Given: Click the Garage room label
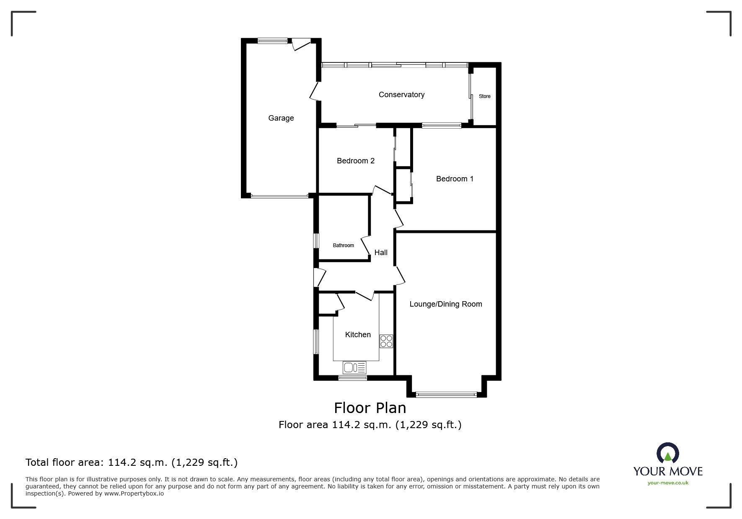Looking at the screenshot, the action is coord(281,118).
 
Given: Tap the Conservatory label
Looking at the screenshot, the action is coord(401,95).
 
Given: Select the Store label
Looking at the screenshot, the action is coord(485,96).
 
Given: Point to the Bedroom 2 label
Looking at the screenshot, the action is coord(356,161).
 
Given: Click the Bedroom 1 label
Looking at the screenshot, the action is coord(455,179).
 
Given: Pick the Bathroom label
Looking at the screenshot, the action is coord(344,245).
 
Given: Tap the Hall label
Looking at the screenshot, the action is coord(381,253).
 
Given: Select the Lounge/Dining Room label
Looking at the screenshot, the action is coord(446,304).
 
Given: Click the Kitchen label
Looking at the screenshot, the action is coord(358,335).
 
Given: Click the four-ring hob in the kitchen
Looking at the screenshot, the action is coord(386,341).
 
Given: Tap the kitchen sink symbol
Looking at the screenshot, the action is coord(354,368).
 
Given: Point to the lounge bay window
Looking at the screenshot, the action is coord(446,394).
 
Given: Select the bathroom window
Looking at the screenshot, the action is coord(317,241).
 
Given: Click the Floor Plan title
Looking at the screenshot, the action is coord(370,408).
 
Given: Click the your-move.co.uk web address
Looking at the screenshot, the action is coord(668,483).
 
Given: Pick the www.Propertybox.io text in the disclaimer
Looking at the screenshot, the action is coord(134,493).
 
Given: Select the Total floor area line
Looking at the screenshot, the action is coord(132,462).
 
